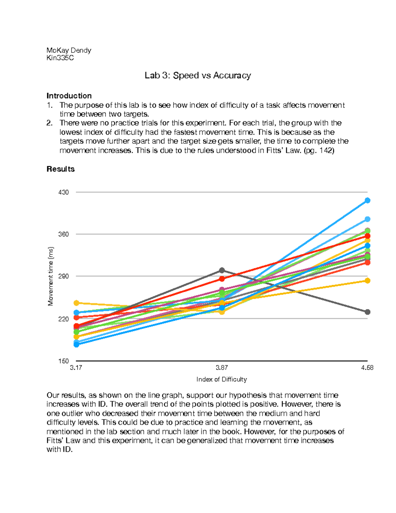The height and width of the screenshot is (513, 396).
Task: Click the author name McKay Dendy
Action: click(x=69, y=50)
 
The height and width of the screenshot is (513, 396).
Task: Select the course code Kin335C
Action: click(x=60, y=58)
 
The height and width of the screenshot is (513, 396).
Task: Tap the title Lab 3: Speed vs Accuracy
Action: click(x=198, y=76)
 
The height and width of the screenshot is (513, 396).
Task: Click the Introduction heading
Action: click(x=69, y=96)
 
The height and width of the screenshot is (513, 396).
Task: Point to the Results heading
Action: click(x=60, y=169)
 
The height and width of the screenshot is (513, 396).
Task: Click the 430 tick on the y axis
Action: click(x=63, y=192)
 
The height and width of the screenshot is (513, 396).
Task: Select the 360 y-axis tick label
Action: click(x=63, y=234)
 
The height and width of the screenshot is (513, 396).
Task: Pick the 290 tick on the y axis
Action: click(x=63, y=276)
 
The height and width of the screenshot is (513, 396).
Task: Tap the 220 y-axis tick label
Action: click(x=63, y=319)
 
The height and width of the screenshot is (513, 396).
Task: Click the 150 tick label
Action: click(x=63, y=361)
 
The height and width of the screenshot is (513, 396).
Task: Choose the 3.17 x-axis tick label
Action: click(x=76, y=368)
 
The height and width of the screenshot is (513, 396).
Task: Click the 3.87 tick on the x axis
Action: click(x=222, y=368)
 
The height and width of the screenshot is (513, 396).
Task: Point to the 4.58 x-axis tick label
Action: click(x=367, y=368)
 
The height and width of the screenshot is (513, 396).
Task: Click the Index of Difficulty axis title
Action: click(x=221, y=380)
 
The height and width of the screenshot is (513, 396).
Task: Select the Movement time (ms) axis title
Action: click(x=50, y=276)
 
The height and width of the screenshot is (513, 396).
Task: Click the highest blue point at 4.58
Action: click(x=367, y=201)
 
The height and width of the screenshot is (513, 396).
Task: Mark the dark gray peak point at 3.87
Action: click(x=222, y=271)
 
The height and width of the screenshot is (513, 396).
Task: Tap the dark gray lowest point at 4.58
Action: click(x=367, y=312)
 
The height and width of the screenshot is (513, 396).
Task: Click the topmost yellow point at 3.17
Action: click(x=76, y=303)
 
